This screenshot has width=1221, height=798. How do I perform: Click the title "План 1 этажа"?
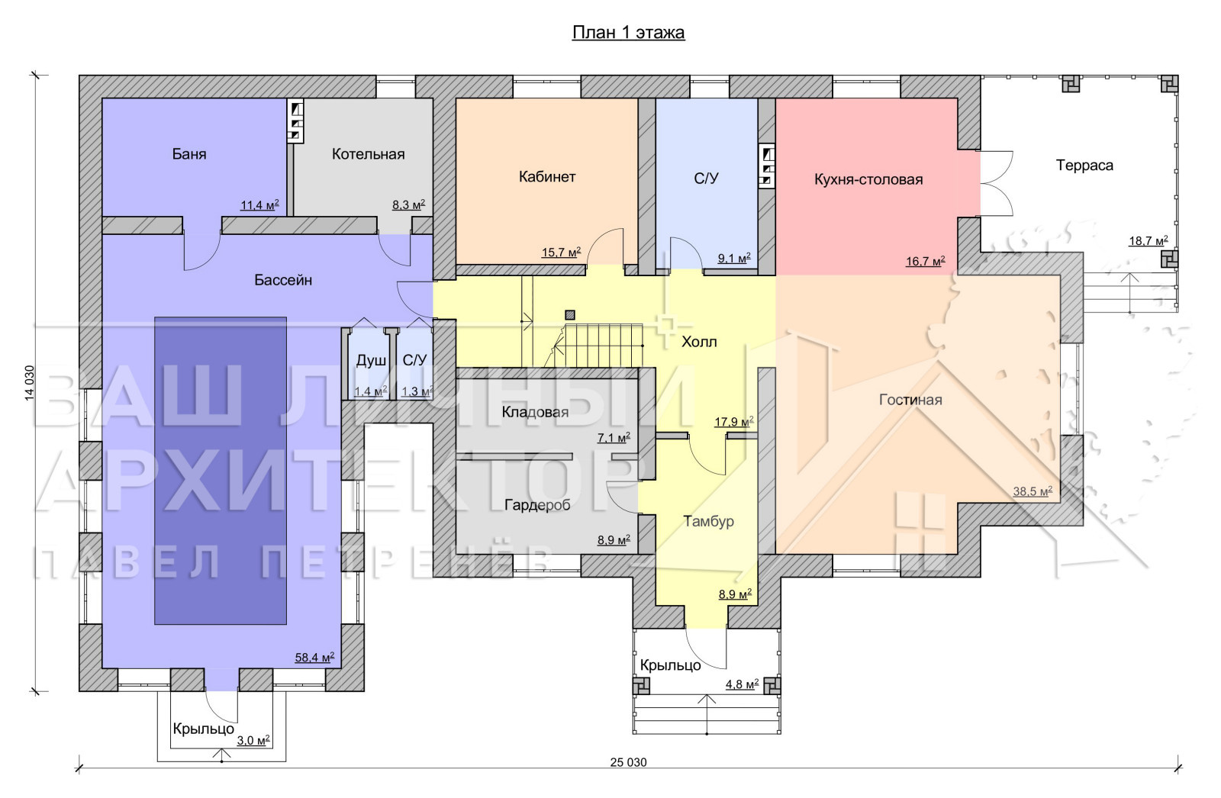[x=628, y=33]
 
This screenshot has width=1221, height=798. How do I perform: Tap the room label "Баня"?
[x=189, y=153]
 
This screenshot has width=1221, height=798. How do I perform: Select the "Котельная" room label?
[x=368, y=153]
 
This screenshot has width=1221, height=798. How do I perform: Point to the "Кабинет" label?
[x=546, y=176]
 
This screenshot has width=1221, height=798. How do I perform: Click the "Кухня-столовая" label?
[x=868, y=179]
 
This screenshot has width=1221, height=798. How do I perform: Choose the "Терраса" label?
[x=1084, y=165]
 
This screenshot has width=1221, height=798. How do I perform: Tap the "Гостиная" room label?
[x=910, y=400]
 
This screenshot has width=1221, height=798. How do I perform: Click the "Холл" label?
[x=699, y=342]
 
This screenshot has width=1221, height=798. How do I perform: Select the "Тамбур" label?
[x=709, y=522]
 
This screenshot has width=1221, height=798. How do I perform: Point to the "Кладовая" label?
[x=535, y=412]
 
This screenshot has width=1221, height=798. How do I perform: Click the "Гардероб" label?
[x=537, y=505]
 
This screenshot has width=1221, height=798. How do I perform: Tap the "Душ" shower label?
[x=371, y=360]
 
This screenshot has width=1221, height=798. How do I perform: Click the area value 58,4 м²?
[x=314, y=658]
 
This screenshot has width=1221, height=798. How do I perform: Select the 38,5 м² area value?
[x=1033, y=491]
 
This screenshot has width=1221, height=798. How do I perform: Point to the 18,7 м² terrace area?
[x=1148, y=240]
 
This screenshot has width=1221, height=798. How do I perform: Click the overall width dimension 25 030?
[x=628, y=762]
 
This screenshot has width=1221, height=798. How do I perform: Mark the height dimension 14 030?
[x=30, y=383]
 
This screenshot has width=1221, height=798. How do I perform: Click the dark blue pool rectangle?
[x=221, y=471]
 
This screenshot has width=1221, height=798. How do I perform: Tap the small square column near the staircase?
[x=570, y=314]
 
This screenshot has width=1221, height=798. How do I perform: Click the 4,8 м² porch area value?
[x=742, y=684]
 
